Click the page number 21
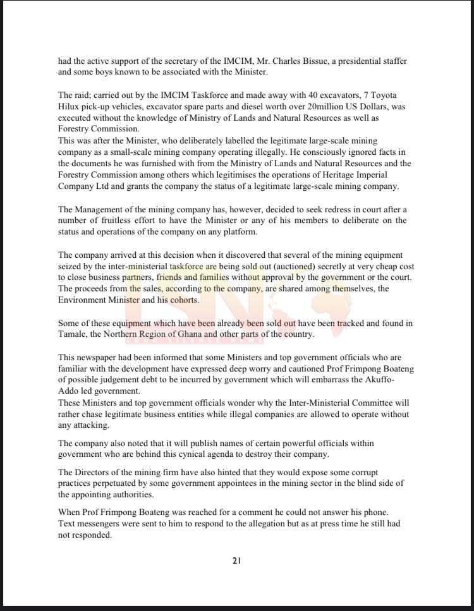point(236,560)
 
